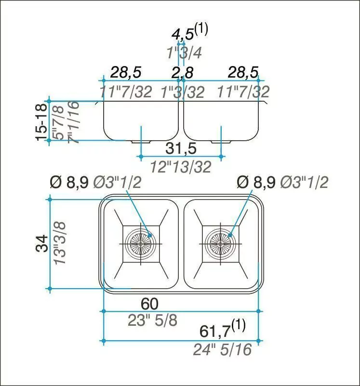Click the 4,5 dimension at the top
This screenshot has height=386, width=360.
click(183, 35)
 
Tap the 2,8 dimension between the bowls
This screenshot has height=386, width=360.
click(183, 73)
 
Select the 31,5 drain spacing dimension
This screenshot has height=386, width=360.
click(181, 148)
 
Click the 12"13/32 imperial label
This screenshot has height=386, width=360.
click(181, 167)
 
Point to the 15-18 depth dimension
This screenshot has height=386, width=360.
click(41, 122)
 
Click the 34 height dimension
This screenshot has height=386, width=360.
click(42, 243)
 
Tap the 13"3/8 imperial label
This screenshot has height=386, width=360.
click(60, 243)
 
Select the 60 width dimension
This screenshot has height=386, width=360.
click(149, 304)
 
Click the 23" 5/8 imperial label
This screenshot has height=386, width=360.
click(153, 320)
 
